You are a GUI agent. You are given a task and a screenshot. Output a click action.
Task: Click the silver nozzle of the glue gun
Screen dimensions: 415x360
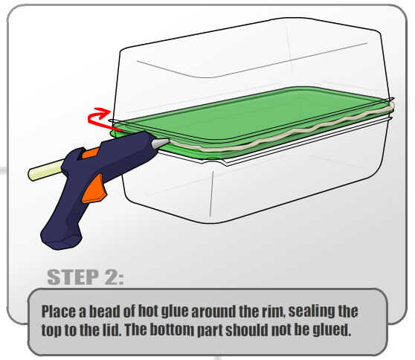160,144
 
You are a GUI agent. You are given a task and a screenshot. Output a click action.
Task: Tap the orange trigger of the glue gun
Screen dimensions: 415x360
94,189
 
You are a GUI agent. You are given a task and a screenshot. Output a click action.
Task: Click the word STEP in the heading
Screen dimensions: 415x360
73,277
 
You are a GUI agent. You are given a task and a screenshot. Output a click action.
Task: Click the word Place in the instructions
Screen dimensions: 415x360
58,312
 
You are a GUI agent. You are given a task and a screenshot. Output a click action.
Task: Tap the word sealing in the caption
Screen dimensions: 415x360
308,312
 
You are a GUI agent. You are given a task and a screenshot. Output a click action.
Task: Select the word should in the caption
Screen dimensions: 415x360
247,330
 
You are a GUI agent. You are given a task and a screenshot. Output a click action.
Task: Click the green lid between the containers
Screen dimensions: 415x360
251,119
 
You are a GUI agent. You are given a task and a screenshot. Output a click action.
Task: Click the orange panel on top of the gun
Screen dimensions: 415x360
90,153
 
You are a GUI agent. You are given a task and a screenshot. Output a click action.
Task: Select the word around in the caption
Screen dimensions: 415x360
213,312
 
